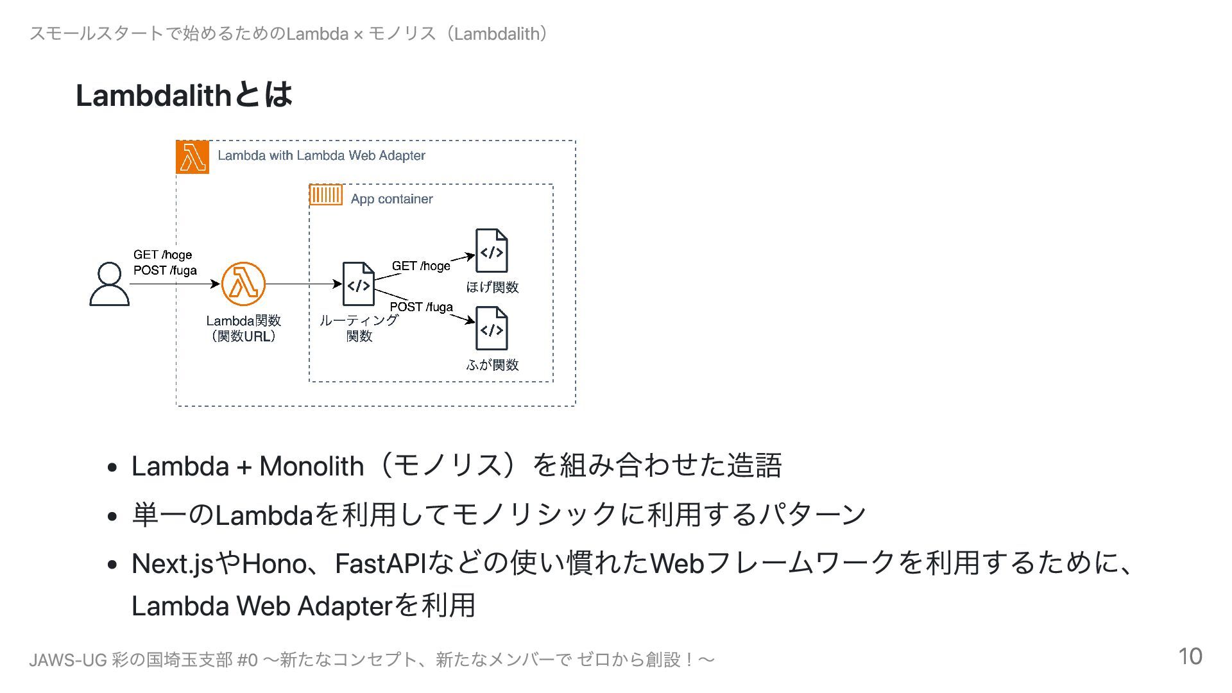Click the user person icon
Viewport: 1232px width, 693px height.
tap(109, 284)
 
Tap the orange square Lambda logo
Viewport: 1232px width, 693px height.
tap(193, 157)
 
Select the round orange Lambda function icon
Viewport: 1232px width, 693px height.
tap(243, 284)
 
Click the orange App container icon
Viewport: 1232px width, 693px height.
tap(326, 194)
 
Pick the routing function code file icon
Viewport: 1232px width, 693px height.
tap(358, 284)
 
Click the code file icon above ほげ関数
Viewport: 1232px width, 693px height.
tap(492, 251)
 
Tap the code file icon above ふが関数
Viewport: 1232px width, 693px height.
tap(492, 329)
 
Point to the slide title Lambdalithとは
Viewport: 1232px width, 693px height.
tap(184, 95)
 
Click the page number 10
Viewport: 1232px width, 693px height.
tap(1190, 656)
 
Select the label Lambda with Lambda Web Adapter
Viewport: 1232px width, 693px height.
tap(321, 155)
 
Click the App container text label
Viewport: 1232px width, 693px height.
tap(391, 199)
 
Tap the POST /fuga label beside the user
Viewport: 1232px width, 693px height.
tap(165, 270)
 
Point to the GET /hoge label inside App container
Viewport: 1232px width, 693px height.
tap(421, 266)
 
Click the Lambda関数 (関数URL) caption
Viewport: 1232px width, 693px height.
tap(243, 328)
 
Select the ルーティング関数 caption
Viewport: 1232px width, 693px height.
tap(359, 328)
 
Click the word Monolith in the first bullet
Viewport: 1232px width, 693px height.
tap(311, 466)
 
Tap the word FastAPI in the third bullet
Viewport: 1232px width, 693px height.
tap(381, 564)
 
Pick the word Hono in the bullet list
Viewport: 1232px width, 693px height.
tap(274, 564)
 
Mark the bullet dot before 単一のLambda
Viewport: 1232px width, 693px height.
tap(113, 516)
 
